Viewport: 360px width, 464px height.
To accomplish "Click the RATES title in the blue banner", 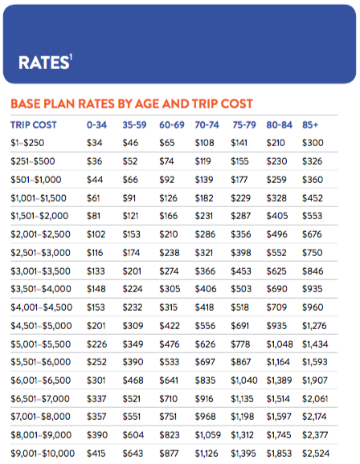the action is pos(45,63).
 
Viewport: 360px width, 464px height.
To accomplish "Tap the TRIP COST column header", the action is pos(34,125).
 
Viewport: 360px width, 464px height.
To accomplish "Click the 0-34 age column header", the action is pos(96,125).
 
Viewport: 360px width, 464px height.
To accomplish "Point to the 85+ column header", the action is pos(310,125).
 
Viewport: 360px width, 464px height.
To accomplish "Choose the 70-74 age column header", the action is pos(207,125).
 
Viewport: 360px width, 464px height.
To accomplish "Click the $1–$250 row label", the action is pos(27,143).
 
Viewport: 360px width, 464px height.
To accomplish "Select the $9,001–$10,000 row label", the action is pos(43,454).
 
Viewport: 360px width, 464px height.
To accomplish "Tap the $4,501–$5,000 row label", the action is pos(41,326).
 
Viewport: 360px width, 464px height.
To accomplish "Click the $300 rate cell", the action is pos(313,143).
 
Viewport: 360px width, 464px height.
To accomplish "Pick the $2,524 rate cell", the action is pos(316,454).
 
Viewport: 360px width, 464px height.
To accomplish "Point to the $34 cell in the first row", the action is pos(95,143).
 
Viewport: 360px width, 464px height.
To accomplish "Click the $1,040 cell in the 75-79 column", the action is pos(244,381).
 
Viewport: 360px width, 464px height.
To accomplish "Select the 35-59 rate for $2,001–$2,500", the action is pos(132,234).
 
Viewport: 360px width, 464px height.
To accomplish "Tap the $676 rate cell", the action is pos(312,234).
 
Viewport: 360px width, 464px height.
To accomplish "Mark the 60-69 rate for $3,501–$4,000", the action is pos(170,289).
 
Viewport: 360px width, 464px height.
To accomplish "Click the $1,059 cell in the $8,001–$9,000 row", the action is pos(207,435).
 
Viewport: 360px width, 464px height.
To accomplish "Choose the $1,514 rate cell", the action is pos(278,399).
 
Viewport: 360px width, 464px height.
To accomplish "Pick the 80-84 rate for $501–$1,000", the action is pos(276,180).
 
